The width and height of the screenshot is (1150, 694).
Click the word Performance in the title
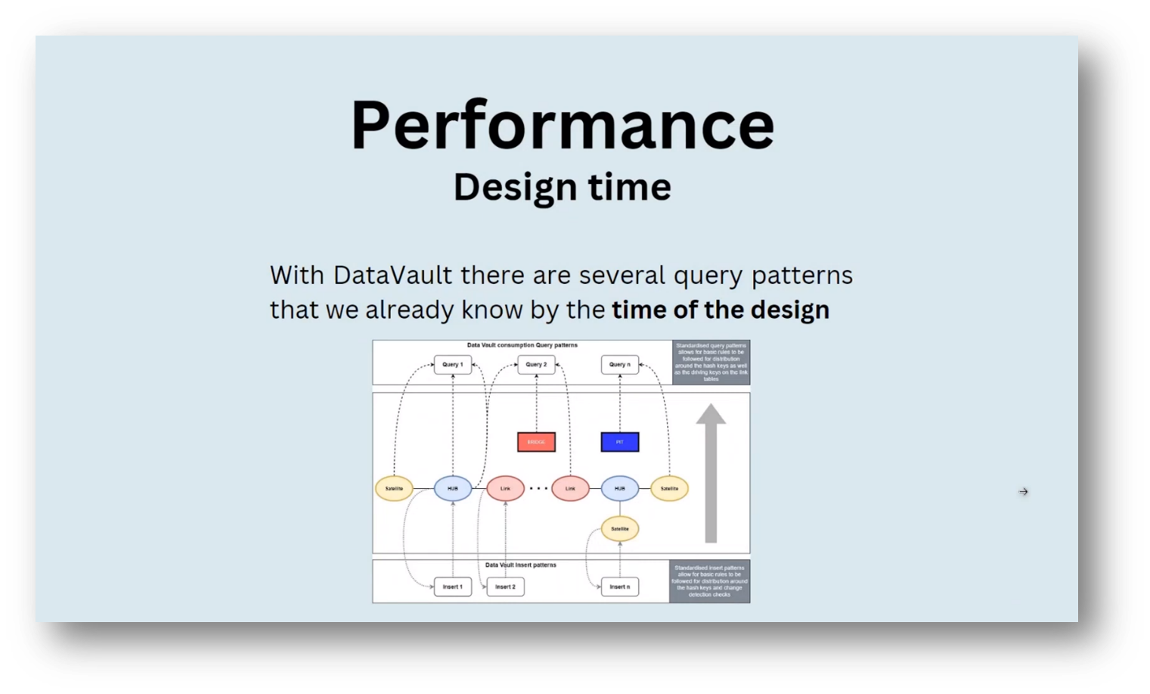click(563, 125)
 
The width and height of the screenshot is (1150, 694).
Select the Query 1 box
click(453, 365)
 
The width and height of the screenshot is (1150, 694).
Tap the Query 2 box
click(536, 365)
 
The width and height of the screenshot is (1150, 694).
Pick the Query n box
click(620, 365)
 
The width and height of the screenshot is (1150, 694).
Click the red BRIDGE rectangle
click(536, 442)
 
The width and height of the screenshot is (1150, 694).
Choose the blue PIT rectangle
click(620, 442)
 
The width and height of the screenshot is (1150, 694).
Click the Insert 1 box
click(453, 587)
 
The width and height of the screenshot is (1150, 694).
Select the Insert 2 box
click(505, 587)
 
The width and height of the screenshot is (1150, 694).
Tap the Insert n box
click(620, 587)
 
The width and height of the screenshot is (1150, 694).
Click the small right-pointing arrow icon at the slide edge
click(1023, 492)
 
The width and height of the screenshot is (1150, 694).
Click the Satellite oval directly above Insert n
click(620, 529)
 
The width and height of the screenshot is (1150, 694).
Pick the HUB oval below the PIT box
click(620, 489)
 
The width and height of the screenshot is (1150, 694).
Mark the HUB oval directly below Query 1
click(453, 489)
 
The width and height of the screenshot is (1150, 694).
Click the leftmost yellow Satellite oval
click(394, 489)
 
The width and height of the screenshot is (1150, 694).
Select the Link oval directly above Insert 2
click(505, 489)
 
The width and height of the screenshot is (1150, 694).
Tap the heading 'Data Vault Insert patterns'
click(521, 565)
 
